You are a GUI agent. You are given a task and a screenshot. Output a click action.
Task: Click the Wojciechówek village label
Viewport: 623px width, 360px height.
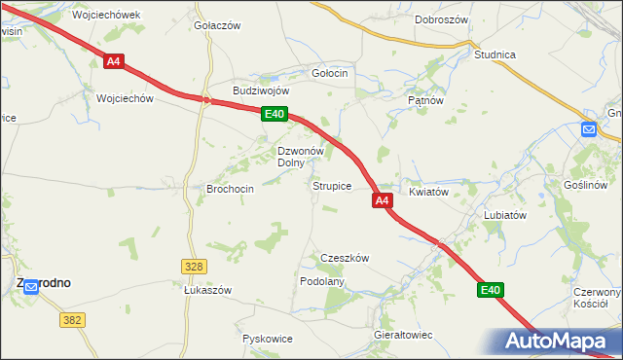pos(107,16)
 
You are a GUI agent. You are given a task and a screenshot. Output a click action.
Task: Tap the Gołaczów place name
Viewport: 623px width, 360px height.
pos(217,25)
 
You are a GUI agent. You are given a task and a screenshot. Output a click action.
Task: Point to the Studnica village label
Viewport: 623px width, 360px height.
pos(495,54)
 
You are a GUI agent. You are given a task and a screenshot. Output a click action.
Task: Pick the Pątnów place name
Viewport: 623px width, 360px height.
pos(425,99)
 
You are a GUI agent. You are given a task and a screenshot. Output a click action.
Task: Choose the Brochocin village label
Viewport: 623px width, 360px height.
pos(231,189)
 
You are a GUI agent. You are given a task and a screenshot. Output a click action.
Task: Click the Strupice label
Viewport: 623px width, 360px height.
pos(331,185)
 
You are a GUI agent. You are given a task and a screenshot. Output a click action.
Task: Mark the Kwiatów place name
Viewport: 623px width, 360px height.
pos(428,192)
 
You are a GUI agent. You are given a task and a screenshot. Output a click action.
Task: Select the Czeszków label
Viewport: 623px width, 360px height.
pos(345,258)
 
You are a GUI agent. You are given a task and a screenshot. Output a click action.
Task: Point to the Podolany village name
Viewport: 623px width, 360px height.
pos(322,281)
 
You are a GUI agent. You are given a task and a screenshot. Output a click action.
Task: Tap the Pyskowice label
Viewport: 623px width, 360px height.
pos(268,339)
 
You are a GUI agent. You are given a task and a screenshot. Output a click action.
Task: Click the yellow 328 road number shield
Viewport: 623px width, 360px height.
pos(194,266)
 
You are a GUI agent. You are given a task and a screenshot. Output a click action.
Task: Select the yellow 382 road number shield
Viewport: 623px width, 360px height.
pos(71,319)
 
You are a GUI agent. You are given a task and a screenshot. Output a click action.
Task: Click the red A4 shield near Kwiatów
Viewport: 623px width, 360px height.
pos(383,200)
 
